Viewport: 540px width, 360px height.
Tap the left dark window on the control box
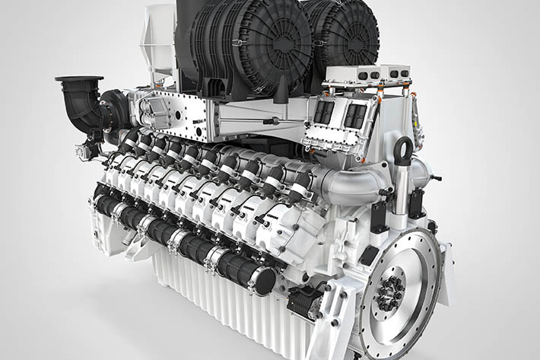click(x=323, y=113)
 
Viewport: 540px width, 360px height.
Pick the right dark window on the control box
click(x=354, y=116)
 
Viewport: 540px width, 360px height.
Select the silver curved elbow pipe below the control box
click(x=357, y=183)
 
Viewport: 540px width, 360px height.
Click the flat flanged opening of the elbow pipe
click(x=78, y=78)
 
